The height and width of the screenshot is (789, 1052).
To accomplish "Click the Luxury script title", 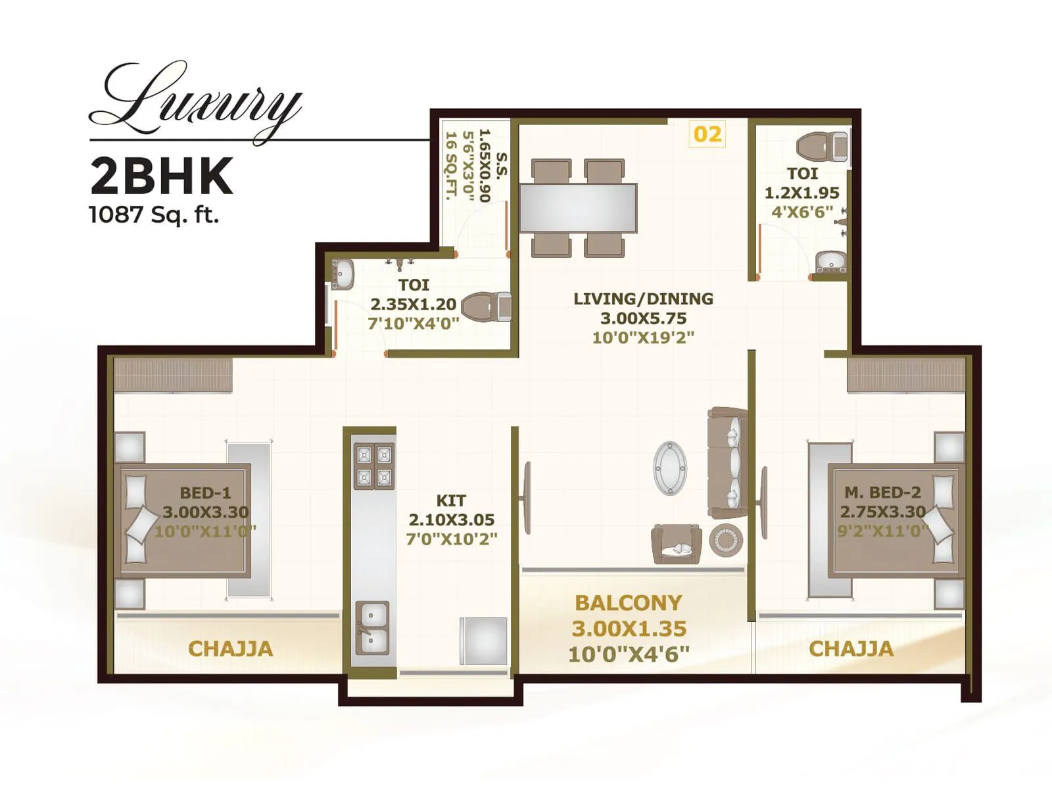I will (197, 102).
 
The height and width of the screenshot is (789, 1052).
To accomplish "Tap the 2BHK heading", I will (162, 176).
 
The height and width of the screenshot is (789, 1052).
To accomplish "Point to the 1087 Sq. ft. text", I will (154, 214).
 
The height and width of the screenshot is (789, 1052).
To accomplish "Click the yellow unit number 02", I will (707, 134).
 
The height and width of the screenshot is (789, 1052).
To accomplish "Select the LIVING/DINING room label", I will (643, 299).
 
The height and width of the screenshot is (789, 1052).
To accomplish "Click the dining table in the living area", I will (578, 208).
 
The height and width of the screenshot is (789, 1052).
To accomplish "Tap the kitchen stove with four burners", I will (374, 466).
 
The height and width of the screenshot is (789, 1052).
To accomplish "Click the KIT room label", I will (451, 500).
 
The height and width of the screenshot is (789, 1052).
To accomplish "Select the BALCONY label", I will (629, 602).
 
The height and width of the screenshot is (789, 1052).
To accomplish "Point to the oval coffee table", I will (670, 467).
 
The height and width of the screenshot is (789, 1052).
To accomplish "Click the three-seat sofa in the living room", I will (728, 463).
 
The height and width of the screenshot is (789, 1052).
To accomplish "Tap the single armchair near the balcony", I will (676, 543).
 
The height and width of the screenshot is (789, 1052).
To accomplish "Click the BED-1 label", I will (205, 492).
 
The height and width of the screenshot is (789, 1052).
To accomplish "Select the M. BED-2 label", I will (882, 492).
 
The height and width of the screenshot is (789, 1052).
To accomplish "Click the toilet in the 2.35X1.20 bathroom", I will (487, 307).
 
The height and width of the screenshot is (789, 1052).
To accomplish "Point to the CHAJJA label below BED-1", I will (230, 649).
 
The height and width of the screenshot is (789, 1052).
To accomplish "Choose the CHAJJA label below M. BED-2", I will (851, 649).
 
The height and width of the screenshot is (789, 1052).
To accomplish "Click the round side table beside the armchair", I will (726, 541).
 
